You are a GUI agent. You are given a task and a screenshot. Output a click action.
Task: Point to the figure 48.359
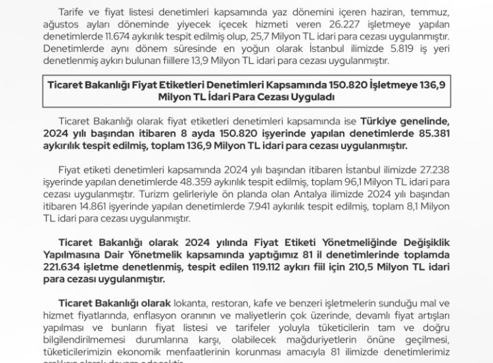click(x=197, y=179)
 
